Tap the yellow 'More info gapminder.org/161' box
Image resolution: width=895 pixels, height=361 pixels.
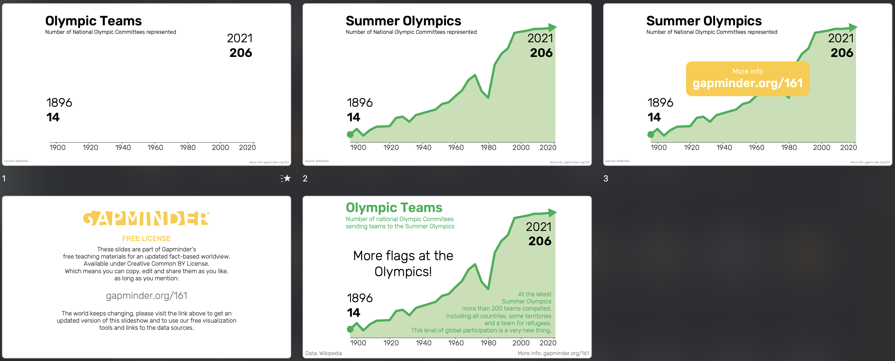click(x=748, y=79)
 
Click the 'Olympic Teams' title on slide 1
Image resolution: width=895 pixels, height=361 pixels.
click(x=94, y=21)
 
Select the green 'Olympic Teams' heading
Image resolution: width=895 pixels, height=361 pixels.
click(x=394, y=207)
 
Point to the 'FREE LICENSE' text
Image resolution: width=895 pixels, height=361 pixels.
click(x=146, y=239)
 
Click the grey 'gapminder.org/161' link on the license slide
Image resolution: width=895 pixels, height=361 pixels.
click(x=146, y=296)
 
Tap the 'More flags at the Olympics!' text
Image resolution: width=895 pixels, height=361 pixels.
click(x=403, y=264)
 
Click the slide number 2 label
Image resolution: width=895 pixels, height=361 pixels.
click(x=305, y=179)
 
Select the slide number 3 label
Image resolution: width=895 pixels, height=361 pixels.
click(x=605, y=179)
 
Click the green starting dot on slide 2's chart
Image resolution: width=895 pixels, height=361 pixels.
click(x=350, y=134)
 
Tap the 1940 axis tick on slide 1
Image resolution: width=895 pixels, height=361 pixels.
click(x=123, y=147)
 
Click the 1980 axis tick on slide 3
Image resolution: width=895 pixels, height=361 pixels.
click(x=789, y=147)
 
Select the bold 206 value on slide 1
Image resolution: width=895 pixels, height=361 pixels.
click(x=241, y=53)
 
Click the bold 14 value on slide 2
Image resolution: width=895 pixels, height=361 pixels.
click(x=353, y=117)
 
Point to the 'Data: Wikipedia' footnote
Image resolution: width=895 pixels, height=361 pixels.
click(x=323, y=353)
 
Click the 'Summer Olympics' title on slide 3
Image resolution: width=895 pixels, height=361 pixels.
click(x=704, y=21)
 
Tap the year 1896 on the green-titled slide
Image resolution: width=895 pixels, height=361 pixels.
click(x=360, y=298)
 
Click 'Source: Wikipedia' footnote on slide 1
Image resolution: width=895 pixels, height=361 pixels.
click(x=16, y=161)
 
